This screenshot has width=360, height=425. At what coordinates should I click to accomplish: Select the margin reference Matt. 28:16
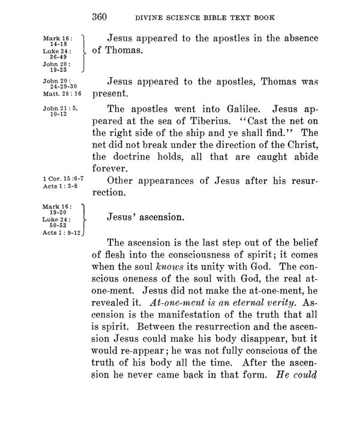coord(62,94)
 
